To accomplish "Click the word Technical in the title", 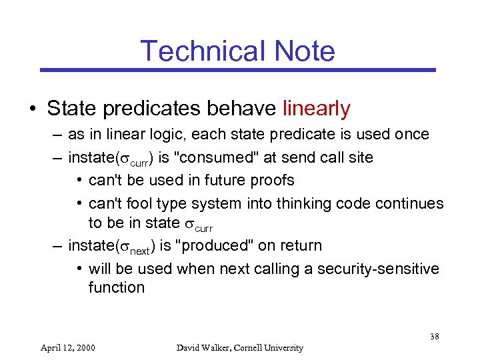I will pyautogui.click(x=199, y=51).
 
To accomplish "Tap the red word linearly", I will pyautogui.click(x=317, y=108).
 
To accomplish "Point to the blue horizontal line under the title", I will pyautogui.click(x=238, y=70).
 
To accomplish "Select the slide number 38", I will pyautogui.click(x=434, y=337).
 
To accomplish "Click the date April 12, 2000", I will pyautogui.click(x=67, y=347).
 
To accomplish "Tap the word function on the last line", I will pyautogui.click(x=116, y=287).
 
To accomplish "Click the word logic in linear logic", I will pyautogui.click(x=169, y=134).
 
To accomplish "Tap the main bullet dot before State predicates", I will pyautogui.click(x=33, y=109).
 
